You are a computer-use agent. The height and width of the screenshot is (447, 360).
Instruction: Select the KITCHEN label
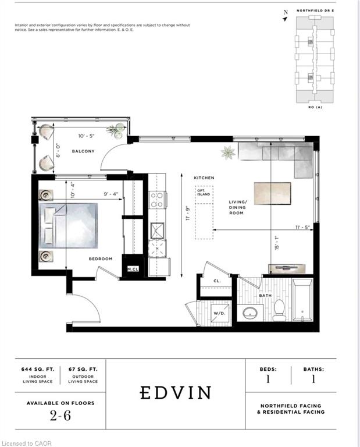coord(204,178)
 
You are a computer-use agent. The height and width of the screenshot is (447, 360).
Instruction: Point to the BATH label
coord(265,296)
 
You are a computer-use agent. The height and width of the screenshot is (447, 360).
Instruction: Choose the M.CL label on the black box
coord(133,269)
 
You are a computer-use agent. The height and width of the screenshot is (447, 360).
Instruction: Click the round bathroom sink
coord(251,313)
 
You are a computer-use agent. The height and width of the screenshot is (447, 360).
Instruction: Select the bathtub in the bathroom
coord(302,301)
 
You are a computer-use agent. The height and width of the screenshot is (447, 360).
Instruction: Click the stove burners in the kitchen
coord(157,200)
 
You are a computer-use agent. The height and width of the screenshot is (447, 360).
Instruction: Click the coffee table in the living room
coord(272,192)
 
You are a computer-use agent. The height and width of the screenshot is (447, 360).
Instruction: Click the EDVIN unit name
coord(176,393)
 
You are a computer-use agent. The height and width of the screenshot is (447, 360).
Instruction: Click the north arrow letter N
coord(285,12)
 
